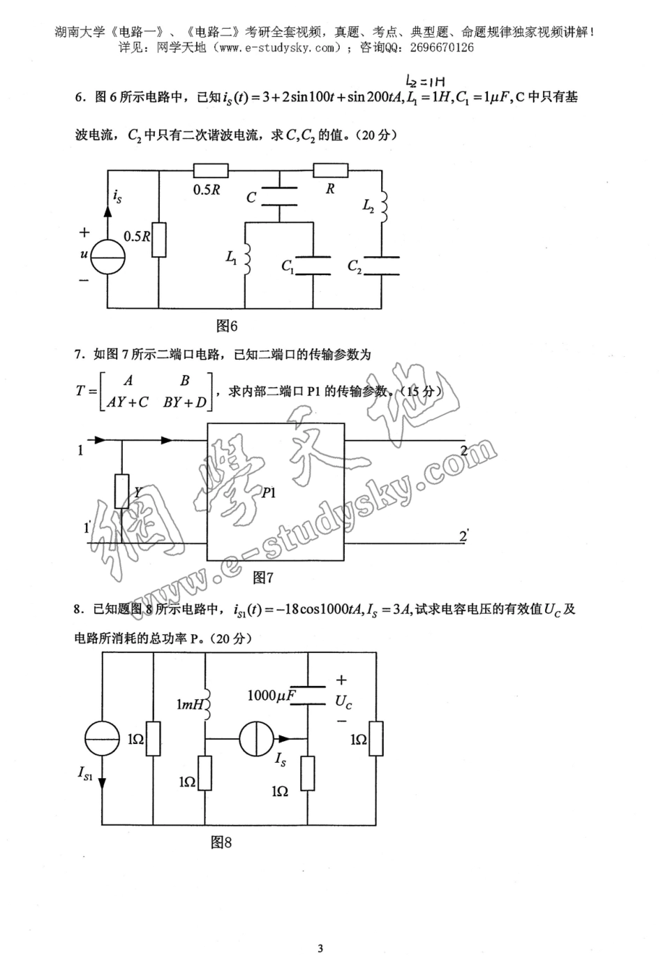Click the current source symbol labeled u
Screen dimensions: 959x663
tap(107, 256)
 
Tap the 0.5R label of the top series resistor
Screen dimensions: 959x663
tap(207, 190)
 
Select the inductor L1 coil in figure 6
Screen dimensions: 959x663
tap(246, 256)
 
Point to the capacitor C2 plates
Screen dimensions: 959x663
tap(381, 265)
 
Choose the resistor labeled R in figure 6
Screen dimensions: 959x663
tap(330, 170)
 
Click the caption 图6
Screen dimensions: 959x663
tap(227, 325)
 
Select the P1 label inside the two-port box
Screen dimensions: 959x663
tap(269, 492)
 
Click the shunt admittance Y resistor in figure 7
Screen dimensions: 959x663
tap(122, 491)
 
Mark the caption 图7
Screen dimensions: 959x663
tap(262, 578)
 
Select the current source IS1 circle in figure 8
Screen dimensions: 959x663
tap(102, 738)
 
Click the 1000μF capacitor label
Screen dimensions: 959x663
tap(271, 696)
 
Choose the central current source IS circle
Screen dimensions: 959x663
tap(256, 738)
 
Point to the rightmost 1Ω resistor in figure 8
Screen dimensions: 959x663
tap(376, 738)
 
